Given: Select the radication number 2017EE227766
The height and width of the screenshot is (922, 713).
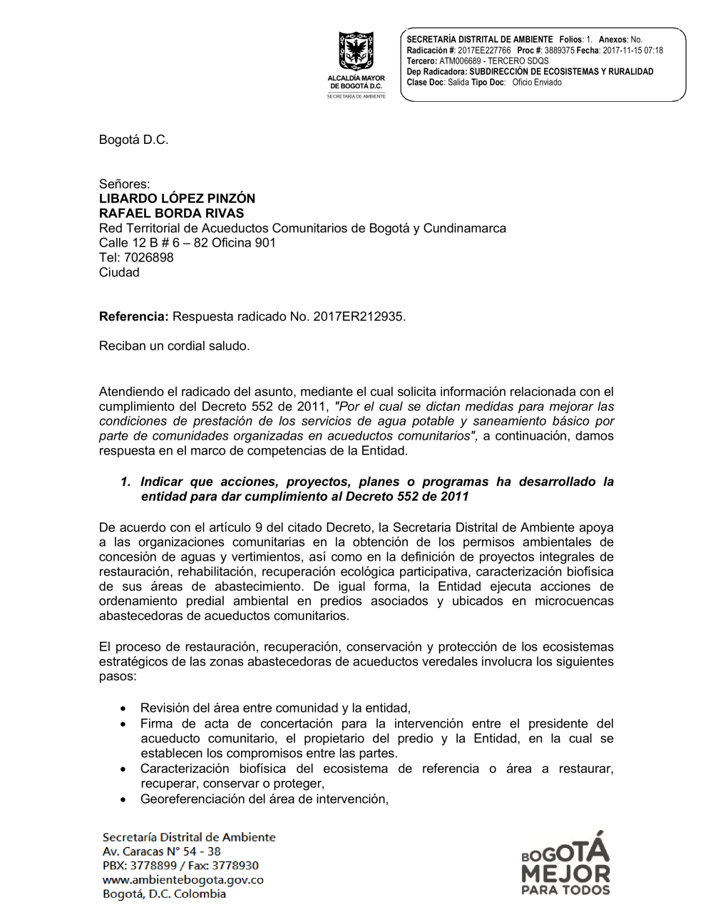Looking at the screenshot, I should (484, 51).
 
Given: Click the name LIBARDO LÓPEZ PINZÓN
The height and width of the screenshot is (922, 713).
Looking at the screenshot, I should (177, 198).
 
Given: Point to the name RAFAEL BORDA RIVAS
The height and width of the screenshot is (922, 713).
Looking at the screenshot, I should (171, 213).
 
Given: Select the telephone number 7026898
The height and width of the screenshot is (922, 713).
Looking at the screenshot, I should (149, 257).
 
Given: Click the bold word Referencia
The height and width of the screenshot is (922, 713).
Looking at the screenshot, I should (133, 316).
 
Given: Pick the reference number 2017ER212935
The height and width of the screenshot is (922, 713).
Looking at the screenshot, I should (358, 316).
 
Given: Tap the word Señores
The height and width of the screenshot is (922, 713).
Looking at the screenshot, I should (124, 184).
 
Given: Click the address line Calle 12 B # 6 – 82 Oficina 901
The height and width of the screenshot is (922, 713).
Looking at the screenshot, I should (187, 242).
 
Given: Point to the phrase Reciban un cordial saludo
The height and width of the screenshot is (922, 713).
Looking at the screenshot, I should (174, 346).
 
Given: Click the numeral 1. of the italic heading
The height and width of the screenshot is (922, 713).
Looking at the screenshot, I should (125, 482).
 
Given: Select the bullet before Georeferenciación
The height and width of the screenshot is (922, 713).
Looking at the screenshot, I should (124, 800).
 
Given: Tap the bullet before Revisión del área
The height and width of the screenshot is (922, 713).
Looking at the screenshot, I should (124, 709).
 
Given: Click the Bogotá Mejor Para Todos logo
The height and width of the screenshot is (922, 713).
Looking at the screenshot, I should (565, 864).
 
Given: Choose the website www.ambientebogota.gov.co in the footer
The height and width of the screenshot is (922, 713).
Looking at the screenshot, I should (183, 879).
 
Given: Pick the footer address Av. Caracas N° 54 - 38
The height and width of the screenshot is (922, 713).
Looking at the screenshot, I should (161, 851).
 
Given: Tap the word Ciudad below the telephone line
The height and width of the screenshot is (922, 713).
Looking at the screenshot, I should (119, 272).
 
